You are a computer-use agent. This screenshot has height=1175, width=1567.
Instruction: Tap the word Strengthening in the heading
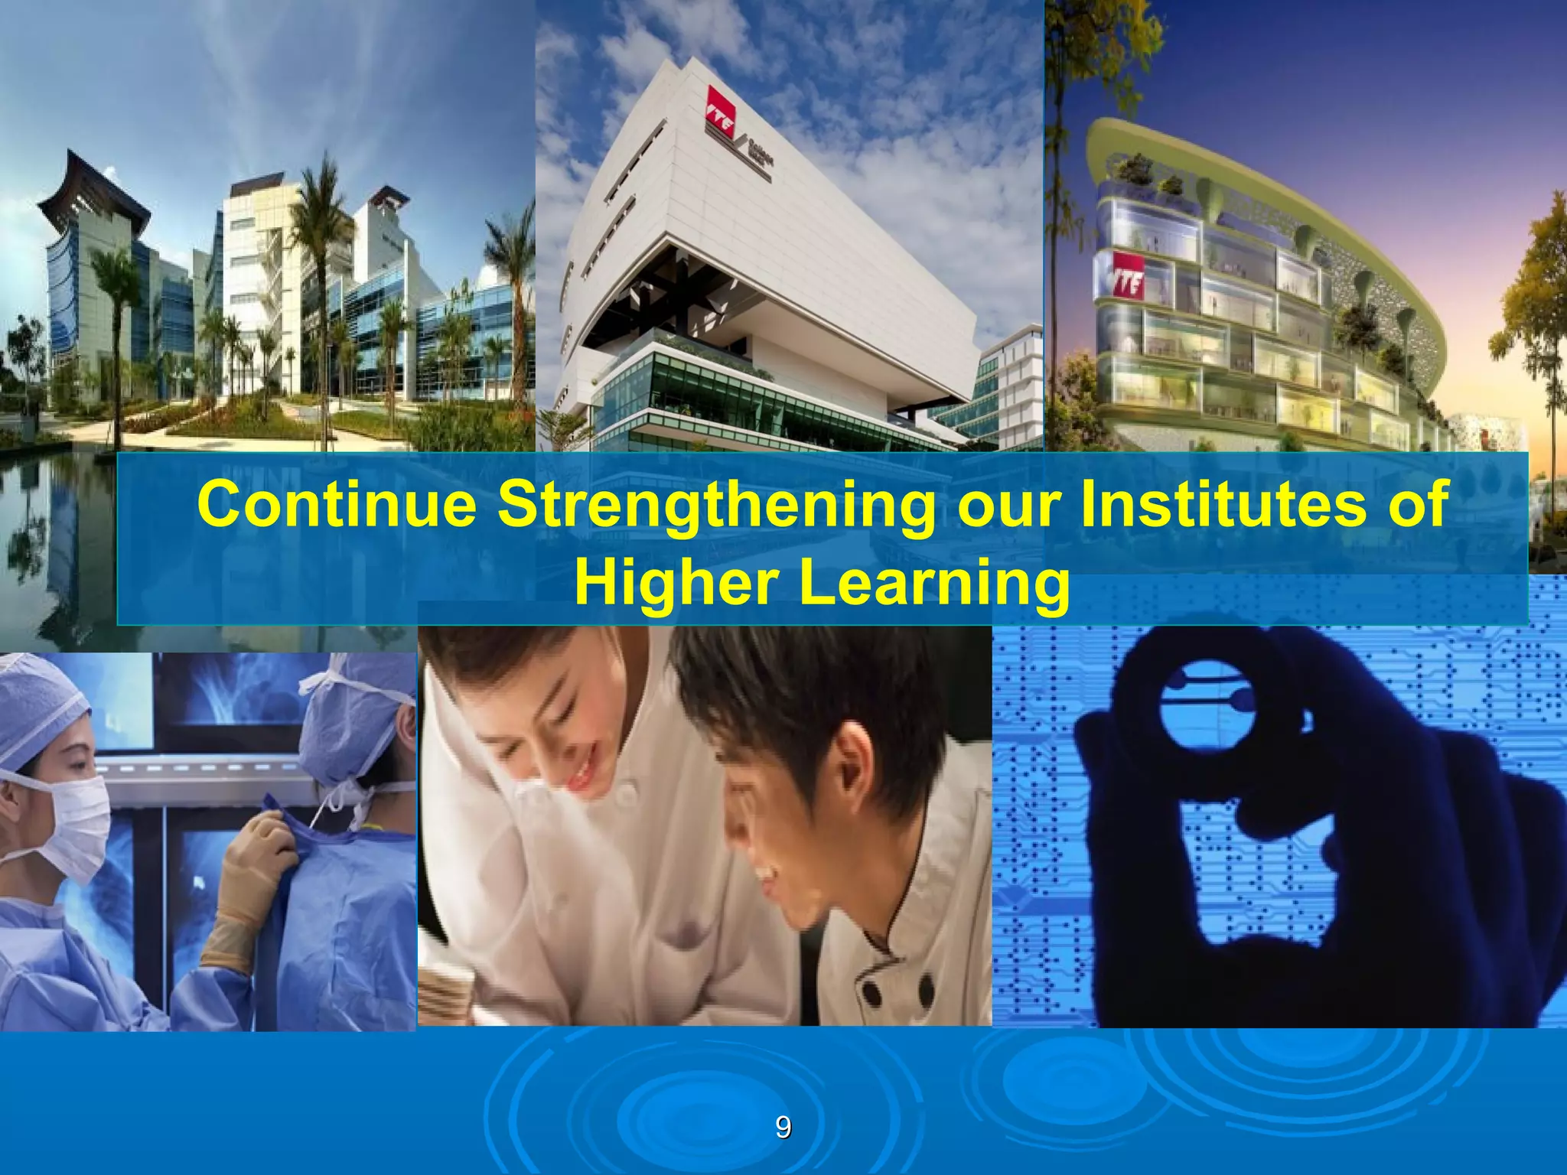[x=716, y=506]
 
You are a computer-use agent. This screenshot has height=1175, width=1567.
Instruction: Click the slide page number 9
[x=783, y=1128]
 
